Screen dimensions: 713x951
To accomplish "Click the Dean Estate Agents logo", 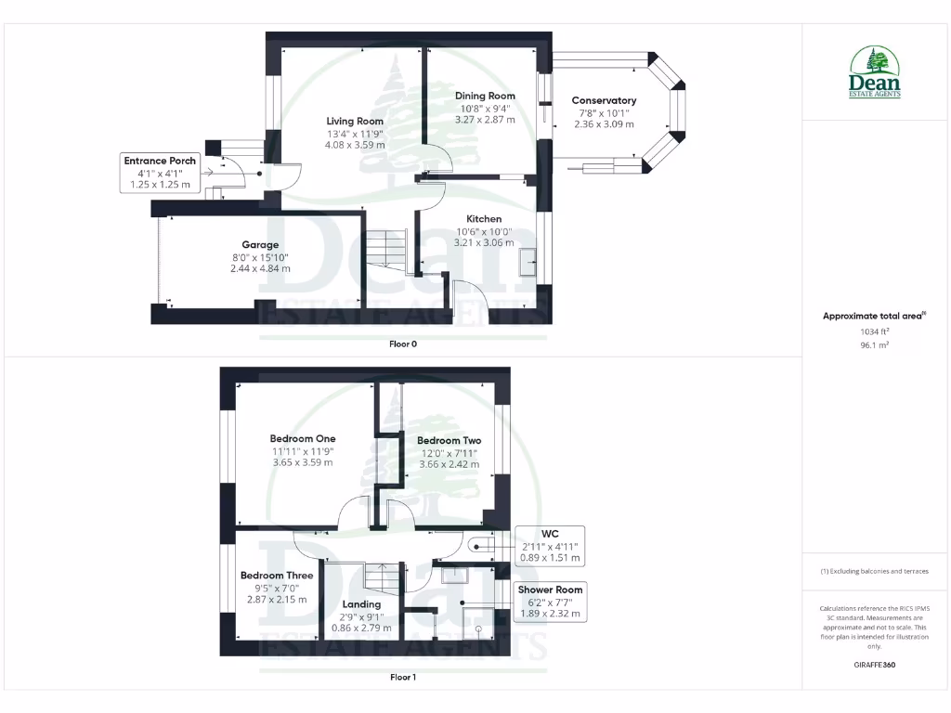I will point(874,72).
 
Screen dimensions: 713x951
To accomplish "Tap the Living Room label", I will point(355,121).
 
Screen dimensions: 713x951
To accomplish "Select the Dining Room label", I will point(485,96).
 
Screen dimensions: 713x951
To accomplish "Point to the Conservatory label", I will point(604,100).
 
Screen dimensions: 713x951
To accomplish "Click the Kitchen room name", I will point(484,219).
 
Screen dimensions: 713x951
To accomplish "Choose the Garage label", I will point(260,245).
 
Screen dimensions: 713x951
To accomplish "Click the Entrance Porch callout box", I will point(160,173).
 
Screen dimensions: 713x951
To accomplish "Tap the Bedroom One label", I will point(303,438).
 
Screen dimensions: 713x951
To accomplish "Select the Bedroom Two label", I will point(449,440).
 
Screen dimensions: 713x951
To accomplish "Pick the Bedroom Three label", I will point(277,576).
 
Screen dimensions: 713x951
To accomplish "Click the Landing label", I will point(361,604).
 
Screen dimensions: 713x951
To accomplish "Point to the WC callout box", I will point(550,547).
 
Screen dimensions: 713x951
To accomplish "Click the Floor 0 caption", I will point(402,344).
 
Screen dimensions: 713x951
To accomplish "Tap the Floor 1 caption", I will point(402,677).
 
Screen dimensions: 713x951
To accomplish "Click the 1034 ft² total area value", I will point(874,331).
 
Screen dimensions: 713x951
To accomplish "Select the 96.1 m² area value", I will point(874,344).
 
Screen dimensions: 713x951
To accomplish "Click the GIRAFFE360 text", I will point(874,665).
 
